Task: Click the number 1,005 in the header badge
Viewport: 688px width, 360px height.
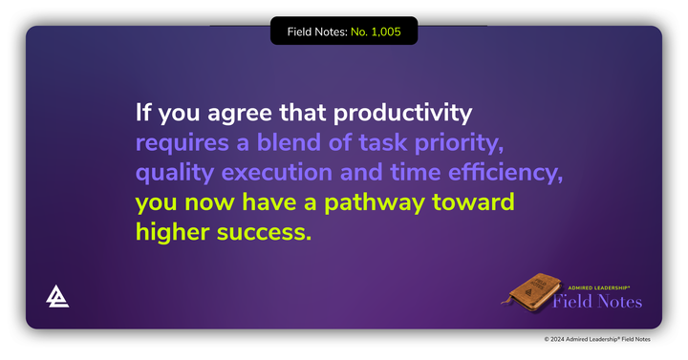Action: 375,32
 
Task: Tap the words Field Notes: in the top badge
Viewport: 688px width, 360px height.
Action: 318,32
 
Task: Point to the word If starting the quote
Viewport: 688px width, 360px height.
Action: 144,114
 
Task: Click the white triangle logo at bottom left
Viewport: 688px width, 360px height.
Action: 57,297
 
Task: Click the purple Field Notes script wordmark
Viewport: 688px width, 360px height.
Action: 598,302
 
